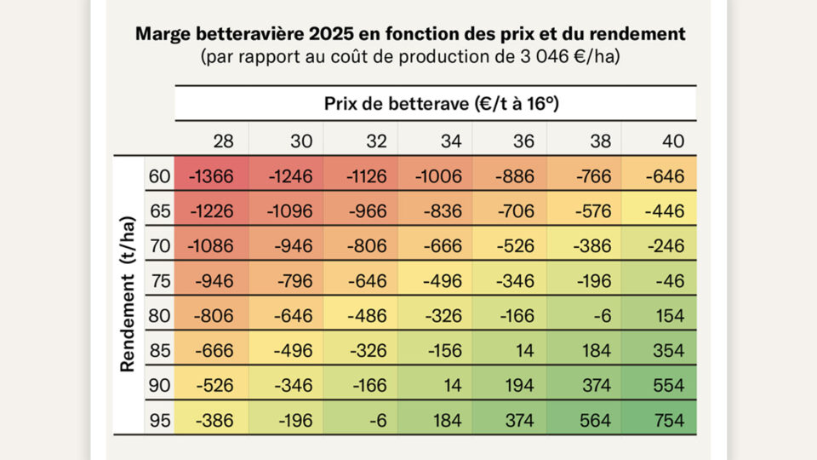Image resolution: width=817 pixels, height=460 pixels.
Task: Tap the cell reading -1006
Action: [438, 176]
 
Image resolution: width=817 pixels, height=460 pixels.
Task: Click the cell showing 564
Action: [591, 420]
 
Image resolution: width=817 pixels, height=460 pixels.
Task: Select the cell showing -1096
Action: [289, 211]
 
